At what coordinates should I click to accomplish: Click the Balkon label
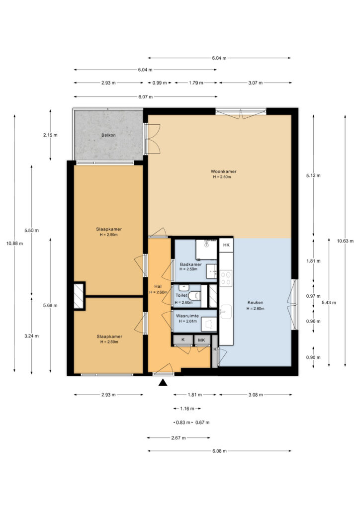pyautogui.click(x=108, y=135)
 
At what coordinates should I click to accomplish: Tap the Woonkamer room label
pyautogui.click(x=223, y=171)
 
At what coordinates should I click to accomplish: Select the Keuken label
pyautogui.click(x=255, y=303)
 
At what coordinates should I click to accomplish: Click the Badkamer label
pyautogui.click(x=190, y=264)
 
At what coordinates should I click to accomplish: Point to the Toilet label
pyautogui.click(x=181, y=295)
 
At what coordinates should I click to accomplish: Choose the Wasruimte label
pyautogui.click(x=187, y=316)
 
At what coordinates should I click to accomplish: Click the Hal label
pyautogui.click(x=158, y=287)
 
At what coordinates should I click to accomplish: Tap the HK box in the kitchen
pyautogui.click(x=226, y=245)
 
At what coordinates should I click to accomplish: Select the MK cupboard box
pyautogui.click(x=201, y=340)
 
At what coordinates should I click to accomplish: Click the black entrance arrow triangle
pyautogui.click(x=163, y=383)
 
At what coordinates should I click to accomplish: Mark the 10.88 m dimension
pyautogui.click(x=14, y=244)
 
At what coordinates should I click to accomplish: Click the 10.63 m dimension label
pyautogui.click(x=345, y=241)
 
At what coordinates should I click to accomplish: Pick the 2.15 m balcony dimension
pyautogui.click(x=50, y=135)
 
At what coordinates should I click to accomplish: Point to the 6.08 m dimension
pyautogui.click(x=219, y=451)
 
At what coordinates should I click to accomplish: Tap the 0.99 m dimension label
pyautogui.click(x=160, y=83)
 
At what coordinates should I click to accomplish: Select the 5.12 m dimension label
pyautogui.click(x=313, y=175)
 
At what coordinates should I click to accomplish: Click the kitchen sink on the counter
pyautogui.click(x=226, y=312)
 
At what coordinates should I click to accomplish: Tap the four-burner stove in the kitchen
pyautogui.click(x=226, y=278)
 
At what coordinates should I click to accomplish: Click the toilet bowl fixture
pyautogui.click(x=194, y=296)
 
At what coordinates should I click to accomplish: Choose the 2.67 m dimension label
pyautogui.click(x=179, y=438)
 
